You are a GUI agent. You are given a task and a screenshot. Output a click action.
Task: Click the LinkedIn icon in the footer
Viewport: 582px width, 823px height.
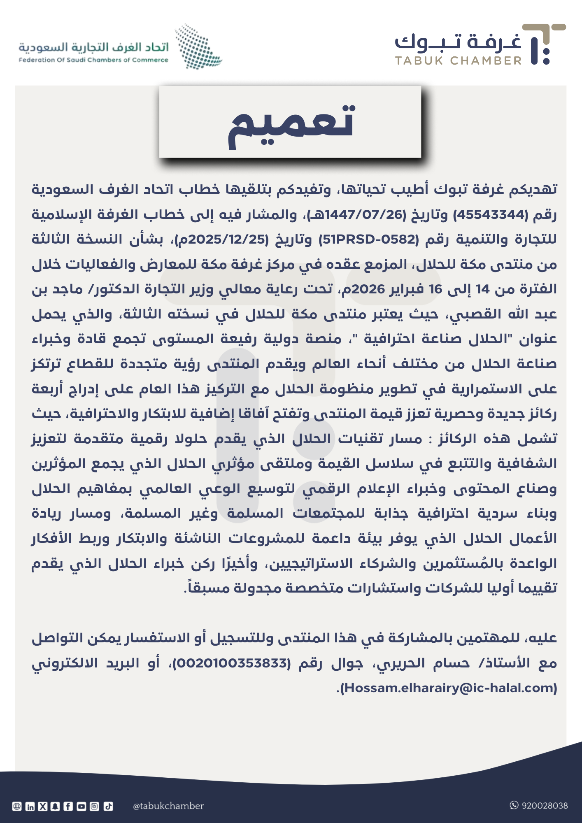coord(30,807)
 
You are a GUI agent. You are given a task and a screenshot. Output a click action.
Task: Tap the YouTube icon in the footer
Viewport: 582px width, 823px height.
coord(81,807)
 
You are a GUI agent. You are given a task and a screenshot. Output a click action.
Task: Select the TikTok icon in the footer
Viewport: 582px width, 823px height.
coord(108,807)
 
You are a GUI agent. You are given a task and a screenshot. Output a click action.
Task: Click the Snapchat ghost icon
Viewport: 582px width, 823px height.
coord(56,807)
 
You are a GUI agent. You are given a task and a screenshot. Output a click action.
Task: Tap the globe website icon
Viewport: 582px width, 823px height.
coord(17,807)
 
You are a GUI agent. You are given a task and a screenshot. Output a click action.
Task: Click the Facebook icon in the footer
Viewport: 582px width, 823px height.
coord(68,807)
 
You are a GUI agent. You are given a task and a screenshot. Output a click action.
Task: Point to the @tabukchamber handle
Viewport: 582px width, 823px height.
coord(168,806)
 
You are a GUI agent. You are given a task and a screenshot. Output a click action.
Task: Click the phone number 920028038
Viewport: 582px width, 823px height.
coord(545,806)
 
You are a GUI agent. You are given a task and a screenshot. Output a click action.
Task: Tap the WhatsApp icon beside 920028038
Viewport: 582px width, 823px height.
coord(514,805)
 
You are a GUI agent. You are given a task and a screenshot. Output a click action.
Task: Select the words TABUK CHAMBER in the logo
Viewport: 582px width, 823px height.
coord(458,61)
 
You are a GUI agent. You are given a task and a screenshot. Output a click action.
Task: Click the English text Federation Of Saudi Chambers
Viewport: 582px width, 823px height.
coord(93,60)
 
